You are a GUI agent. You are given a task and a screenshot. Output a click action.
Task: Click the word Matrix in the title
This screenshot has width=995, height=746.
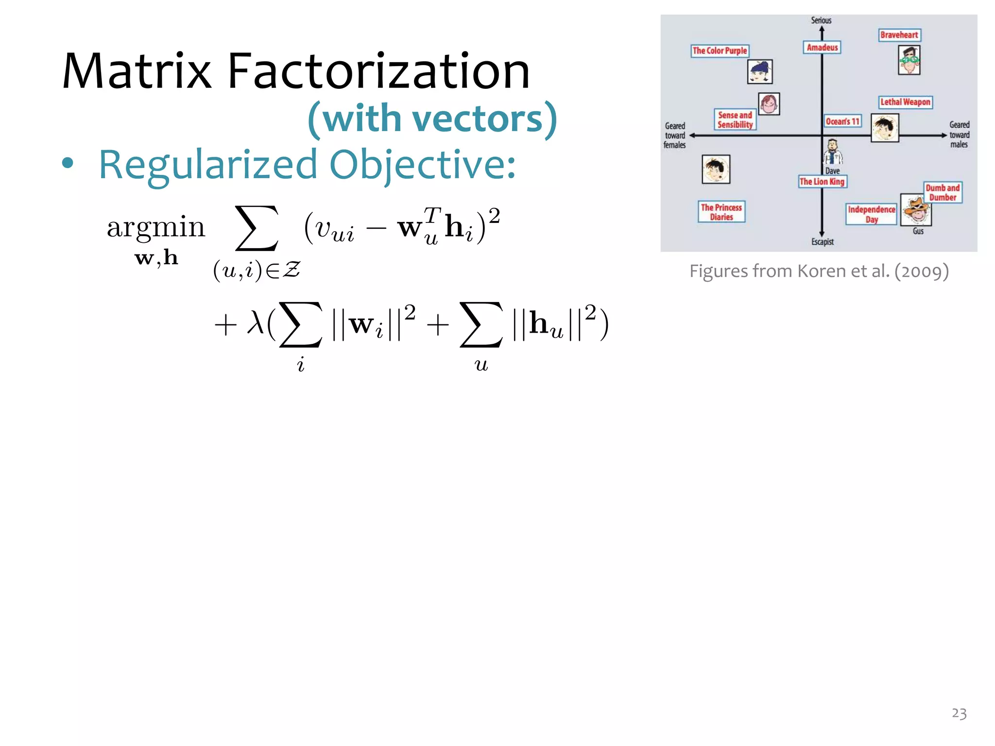[x=137, y=72]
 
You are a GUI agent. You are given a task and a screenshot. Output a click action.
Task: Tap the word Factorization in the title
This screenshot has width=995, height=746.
[x=378, y=72]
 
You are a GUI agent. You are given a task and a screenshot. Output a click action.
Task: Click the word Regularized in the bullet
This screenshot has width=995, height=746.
[x=208, y=165]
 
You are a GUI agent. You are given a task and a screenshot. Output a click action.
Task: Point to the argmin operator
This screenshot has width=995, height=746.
[x=156, y=227]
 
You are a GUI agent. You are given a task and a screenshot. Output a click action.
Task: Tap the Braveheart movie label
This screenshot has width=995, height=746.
[x=899, y=35]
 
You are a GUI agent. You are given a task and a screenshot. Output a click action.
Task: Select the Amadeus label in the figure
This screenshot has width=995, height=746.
[x=822, y=48]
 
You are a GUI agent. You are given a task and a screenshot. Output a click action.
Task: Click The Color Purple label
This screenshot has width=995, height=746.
[x=720, y=51]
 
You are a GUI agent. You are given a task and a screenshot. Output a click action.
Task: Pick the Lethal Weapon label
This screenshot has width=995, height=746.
[x=906, y=102]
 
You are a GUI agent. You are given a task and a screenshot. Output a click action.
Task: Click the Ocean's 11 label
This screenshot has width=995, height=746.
[x=842, y=121]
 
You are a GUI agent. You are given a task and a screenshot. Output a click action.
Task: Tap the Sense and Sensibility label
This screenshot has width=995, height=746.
[x=735, y=120]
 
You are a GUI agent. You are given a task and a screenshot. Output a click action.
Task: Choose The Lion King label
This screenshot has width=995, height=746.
[x=822, y=182]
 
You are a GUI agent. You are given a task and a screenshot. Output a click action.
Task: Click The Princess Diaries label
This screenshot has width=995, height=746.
[x=721, y=212]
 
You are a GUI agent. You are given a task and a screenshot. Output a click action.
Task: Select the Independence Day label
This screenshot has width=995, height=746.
[x=872, y=214]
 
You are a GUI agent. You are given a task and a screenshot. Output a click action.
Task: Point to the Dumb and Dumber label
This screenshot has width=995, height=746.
[x=943, y=193]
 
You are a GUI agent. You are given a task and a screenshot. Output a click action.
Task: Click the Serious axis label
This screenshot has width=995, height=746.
[x=821, y=20]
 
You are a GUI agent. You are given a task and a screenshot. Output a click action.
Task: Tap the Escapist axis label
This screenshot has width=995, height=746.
[x=823, y=242]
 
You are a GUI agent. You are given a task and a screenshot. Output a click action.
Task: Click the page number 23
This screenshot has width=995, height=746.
[x=959, y=713]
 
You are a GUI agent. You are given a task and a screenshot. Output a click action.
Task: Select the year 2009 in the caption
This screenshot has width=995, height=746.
[x=921, y=271]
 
